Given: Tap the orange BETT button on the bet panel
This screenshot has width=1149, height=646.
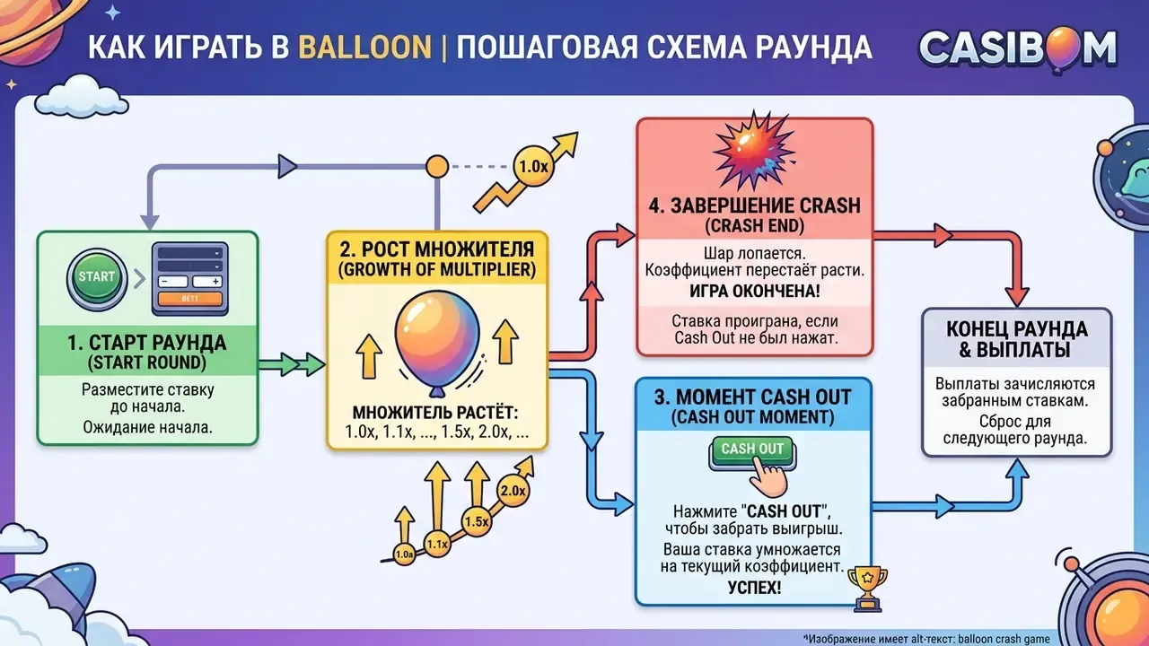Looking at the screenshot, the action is [x=189, y=299].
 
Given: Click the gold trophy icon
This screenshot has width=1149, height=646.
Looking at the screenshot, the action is [x=867, y=588].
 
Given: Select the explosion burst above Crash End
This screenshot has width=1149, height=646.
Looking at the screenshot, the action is [x=754, y=150].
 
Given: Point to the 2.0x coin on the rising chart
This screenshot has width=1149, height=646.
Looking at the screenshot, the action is [x=513, y=491].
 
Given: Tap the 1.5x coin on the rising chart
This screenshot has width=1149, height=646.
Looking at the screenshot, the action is [x=476, y=521].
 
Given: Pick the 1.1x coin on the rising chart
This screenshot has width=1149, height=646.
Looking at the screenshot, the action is [x=437, y=544].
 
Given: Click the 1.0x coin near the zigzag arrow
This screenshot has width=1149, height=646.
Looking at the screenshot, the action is [x=533, y=167].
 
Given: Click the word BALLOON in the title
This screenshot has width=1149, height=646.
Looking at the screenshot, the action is [x=364, y=48].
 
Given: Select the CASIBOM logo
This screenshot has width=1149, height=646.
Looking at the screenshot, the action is [x=1017, y=49].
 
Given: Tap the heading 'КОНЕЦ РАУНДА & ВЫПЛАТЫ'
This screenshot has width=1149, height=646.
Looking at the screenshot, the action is [x=1017, y=339].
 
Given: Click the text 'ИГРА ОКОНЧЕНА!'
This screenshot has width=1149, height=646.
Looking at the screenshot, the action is [x=754, y=291].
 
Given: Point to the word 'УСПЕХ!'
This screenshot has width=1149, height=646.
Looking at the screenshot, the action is [x=754, y=588].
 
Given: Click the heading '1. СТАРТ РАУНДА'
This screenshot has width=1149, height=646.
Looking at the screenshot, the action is [x=146, y=343].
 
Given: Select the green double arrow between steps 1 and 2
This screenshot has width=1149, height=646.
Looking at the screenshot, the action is [x=292, y=364].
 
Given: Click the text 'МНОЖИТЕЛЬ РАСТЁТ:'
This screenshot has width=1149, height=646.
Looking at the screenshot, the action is [x=435, y=413].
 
